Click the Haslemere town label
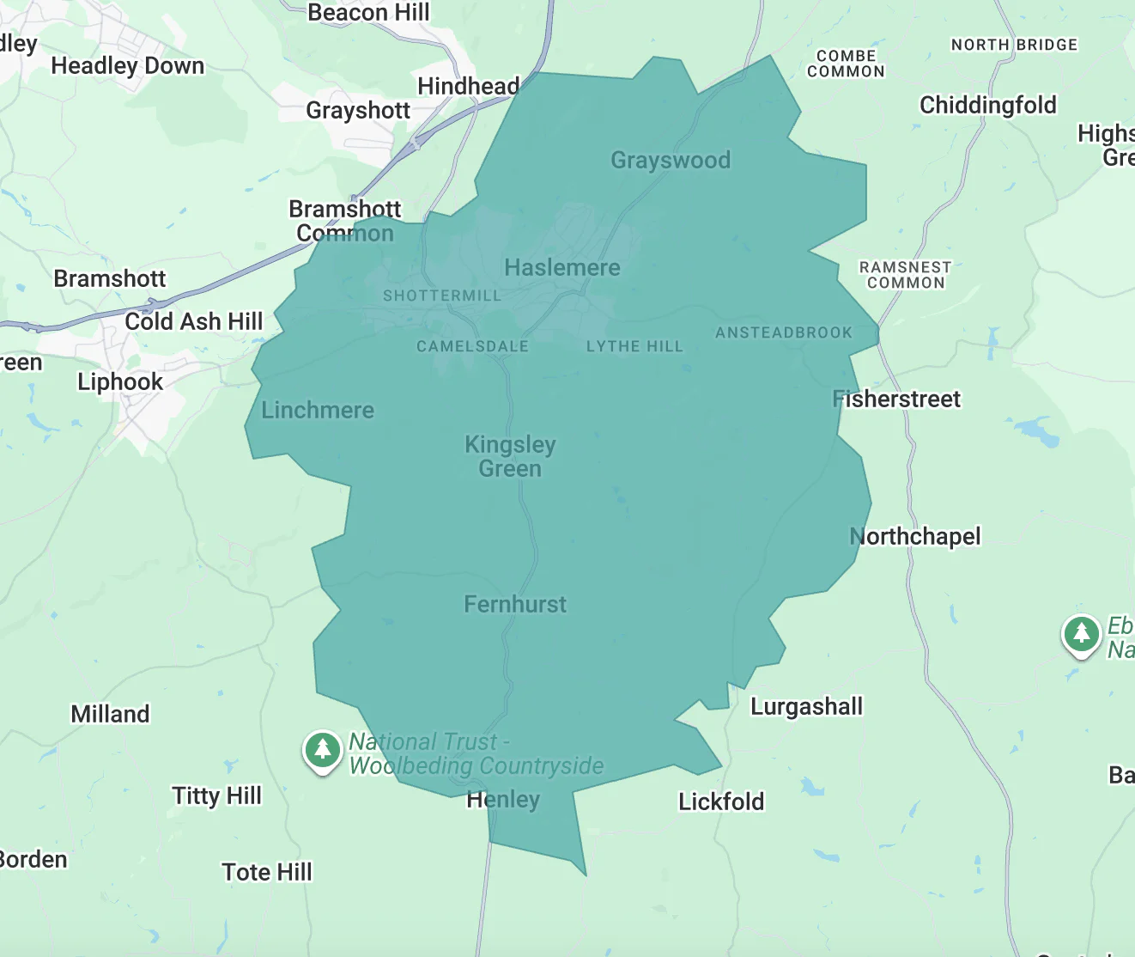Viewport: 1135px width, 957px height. pyautogui.click(x=562, y=268)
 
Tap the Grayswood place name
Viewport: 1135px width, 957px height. pyautogui.click(x=671, y=161)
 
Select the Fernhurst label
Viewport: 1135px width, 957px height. pyautogui.click(x=515, y=605)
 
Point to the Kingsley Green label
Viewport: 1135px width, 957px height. pyautogui.click(x=510, y=456)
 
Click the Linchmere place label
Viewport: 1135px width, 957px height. pyautogui.click(x=318, y=411)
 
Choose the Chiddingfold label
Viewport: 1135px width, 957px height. pyautogui.click(x=988, y=106)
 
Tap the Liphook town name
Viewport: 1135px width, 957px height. pyautogui.click(x=120, y=382)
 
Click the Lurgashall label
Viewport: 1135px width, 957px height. pyautogui.click(x=806, y=707)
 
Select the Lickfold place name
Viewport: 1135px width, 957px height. pyautogui.click(x=721, y=802)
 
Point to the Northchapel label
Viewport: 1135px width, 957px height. pyautogui.click(x=915, y=537)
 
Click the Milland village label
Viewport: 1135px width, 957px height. pyautogui.click(x=110, y=715)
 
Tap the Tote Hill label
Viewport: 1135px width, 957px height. pyautogui.click(x=267, y=873)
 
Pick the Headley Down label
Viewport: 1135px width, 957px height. pyautogui.click(x=128, y=66)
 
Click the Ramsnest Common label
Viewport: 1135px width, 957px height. pyautogui.click(x=905, y=275)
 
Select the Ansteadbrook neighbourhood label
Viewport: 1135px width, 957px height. pyautogui.click(x=784, y=333)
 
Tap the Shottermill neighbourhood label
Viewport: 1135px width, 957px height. pyautogui.click(x=441, y=296)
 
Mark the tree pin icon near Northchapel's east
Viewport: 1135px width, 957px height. pyautogui.click(x=1081, y=634)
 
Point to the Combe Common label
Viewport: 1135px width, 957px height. pyautogui.click(x=846, y=64)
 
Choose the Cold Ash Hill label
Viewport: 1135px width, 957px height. pyautogui.click(x=194, y=322)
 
